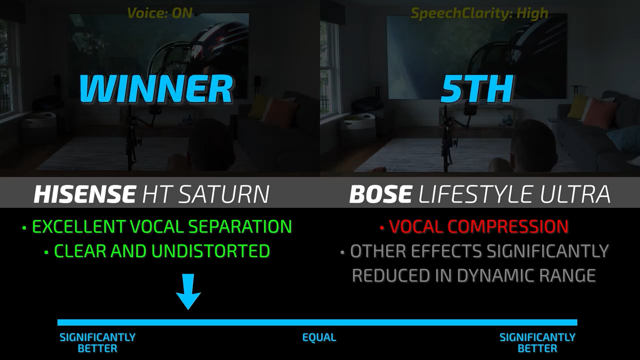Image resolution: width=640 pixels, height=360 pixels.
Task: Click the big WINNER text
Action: click(x=155, y=88)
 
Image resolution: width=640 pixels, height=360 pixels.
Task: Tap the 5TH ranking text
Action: click(x=476, y=88)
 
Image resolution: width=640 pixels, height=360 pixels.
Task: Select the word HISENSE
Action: click(x=84, y=194)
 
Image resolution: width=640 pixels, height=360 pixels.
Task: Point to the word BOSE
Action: click(x=380, y=194)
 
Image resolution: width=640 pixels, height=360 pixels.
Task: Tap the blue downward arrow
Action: click(x=188, y=291)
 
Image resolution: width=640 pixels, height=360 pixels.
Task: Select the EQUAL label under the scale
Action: click(x=319, y=337)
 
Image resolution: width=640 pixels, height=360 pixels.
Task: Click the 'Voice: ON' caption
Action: click(x=159, y=13)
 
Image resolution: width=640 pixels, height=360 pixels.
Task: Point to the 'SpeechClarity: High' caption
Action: click(x=479, y=13)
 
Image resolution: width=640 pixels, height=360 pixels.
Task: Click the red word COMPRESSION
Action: click(x=508, y=226)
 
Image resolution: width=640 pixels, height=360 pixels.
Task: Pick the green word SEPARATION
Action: click(x=240, y=226)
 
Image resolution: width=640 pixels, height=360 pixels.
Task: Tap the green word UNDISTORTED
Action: click(x=210, y=251)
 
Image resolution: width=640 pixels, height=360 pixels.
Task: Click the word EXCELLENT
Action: click(x=78, y=226)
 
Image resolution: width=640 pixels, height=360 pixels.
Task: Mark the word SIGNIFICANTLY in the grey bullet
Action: click(x=547, y=251)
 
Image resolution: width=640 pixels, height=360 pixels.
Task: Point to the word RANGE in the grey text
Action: click(x=569, y=275)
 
